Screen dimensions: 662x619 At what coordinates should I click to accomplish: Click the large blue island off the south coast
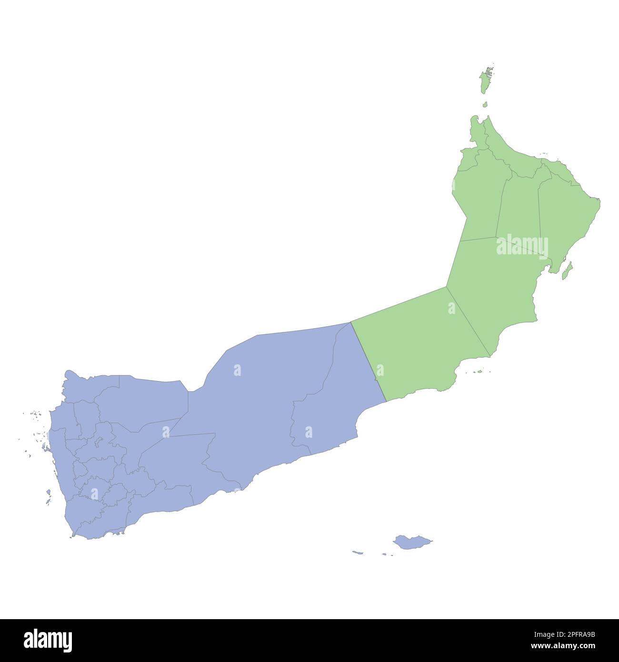pyautogui.click(x=411, y=542)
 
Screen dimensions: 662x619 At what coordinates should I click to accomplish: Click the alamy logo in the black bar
pyautogui.click(x=48, y=640)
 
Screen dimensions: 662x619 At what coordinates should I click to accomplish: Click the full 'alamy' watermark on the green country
pyautogui.click(x=522, y=246)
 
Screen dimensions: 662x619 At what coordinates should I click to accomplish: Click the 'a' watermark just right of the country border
pyautogui.click(x=380, y=370)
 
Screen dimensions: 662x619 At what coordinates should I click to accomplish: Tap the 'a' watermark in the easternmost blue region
pyautogui.click(x=309, y=432)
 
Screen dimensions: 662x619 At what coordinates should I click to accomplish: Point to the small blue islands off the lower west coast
pyautogui.click(x=49, y=495)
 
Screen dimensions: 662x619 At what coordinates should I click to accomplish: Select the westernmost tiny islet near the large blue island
pyautogui.click(x=357, y=552)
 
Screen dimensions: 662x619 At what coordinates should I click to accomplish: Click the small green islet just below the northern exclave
pyautogui.click(x=485, y=104)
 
